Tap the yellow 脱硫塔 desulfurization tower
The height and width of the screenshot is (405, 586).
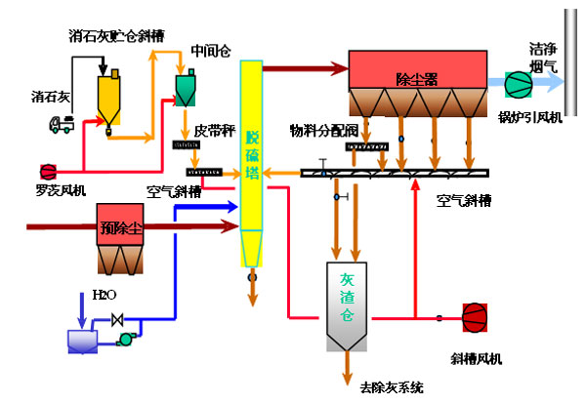coord(251,146)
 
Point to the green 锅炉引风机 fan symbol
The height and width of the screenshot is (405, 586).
coord(514,84)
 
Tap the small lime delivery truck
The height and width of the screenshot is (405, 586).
coord(62,124)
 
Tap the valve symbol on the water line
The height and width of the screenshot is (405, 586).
coord(118,319)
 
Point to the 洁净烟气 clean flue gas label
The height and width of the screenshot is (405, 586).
coord(544,57)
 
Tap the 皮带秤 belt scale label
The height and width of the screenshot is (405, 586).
coord(213,129)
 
